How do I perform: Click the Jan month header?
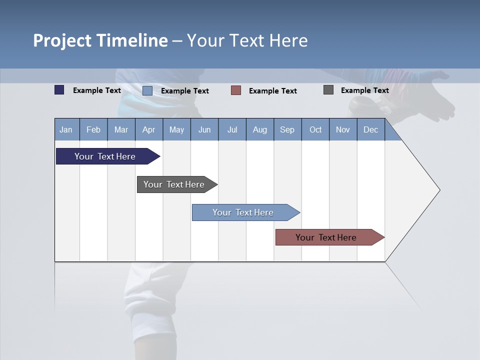point(66,129)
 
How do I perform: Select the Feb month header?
point(93,129)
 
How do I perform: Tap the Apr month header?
point(148,129)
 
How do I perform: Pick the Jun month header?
point(204,129)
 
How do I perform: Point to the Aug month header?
point(260,129)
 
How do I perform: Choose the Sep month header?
point(287,129)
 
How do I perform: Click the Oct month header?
point(315,129)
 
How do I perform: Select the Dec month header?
point(370,129)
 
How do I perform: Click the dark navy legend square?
point(59,90)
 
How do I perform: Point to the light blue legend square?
point(147,90)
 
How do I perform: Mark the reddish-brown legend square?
point(236,90)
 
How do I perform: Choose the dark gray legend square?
point(328,90)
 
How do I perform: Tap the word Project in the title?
point(62,40)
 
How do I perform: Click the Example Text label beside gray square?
point(364,90)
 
